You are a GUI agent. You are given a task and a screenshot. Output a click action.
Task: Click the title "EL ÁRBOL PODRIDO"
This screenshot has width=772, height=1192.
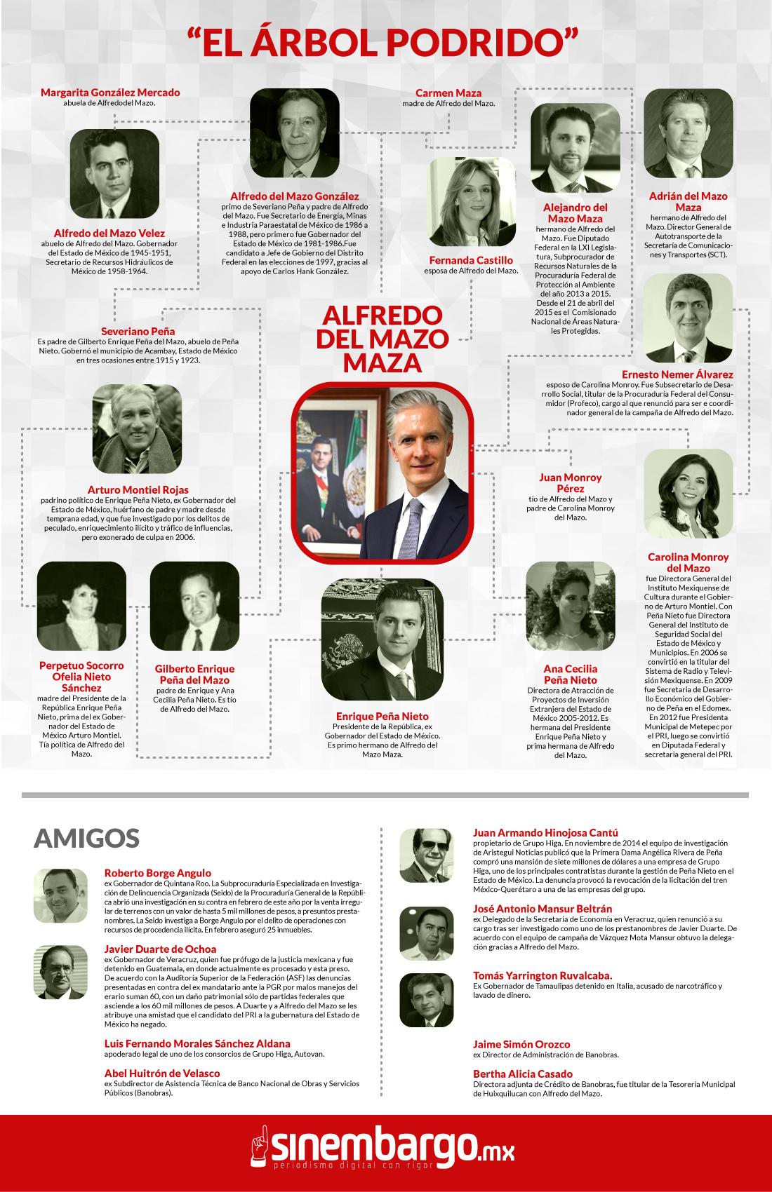point(382,42)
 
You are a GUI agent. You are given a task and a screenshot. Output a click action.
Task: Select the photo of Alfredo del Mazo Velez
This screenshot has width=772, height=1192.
point(114,173)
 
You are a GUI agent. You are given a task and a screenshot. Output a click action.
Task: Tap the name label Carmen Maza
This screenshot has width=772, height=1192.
point(448,93)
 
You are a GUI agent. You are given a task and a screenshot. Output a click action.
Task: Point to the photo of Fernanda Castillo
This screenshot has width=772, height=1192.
point(471,202)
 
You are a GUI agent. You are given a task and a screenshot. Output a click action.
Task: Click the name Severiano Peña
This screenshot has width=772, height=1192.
point(138,331)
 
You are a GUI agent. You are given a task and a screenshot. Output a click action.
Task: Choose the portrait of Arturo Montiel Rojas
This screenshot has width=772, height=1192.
point(137,428)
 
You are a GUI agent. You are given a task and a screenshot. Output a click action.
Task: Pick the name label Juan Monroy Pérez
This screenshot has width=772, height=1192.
point(570,482)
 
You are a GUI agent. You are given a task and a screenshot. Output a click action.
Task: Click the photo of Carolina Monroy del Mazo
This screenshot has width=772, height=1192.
point(688,494)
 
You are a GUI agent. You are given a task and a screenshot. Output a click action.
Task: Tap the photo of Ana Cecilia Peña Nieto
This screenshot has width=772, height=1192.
point(570,606)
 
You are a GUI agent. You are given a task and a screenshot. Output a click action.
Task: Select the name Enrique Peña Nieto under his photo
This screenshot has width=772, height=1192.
point(382,716)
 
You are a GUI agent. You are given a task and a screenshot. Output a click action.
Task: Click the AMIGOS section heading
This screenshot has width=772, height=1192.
point(87,838)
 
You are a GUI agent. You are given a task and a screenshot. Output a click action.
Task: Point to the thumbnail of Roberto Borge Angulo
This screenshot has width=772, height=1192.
point(60,895)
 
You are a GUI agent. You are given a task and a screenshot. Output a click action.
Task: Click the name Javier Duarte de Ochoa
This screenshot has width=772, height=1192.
point(160,949)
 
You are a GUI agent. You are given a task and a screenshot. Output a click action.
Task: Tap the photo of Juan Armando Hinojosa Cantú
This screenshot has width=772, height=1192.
point(426,855)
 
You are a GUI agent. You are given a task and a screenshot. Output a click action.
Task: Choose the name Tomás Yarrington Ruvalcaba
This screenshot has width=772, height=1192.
point(542,975)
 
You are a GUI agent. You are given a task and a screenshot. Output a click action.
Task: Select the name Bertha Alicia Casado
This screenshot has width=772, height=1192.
point(522,1074)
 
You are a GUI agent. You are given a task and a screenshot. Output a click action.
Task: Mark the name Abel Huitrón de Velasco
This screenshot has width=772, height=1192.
point(162,1073)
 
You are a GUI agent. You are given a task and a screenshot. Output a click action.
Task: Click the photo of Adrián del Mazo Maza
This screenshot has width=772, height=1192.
point(688,133)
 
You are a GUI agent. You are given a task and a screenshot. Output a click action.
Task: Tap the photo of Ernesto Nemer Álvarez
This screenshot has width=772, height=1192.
point(688,318)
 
